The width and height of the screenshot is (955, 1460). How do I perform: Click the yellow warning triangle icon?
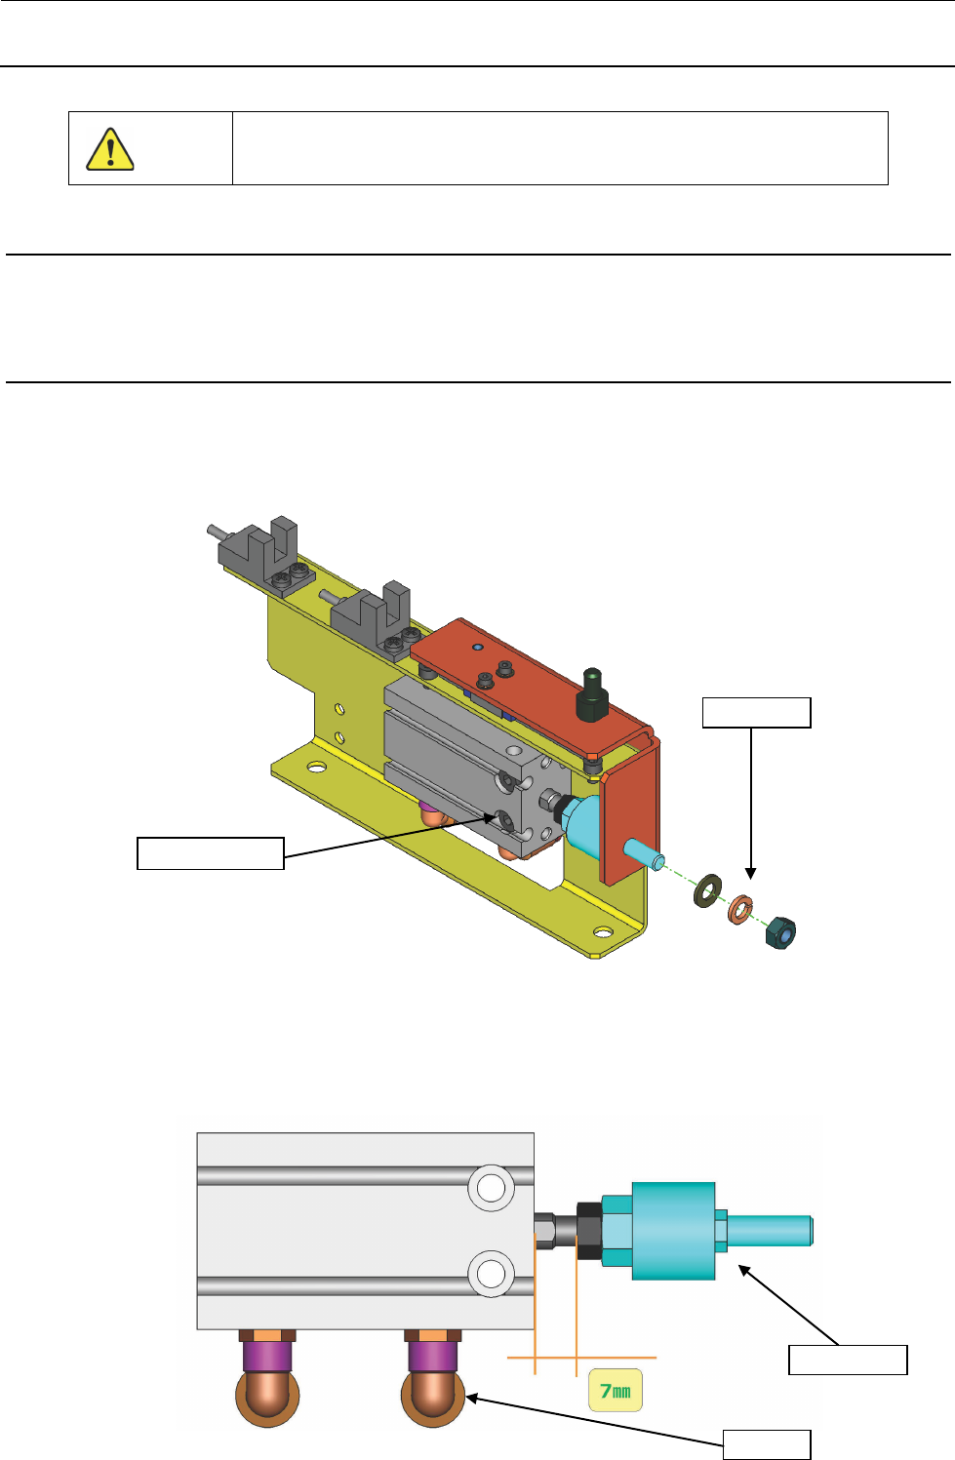click(x=110, y=149)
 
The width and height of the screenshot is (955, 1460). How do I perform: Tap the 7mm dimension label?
click(x=616, y=1391)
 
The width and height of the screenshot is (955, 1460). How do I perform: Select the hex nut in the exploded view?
click(x=781, y=931)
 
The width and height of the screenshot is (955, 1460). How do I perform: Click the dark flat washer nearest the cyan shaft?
click(x=706, y=889)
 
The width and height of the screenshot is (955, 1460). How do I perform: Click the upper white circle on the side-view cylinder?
click(x=491, y=1188)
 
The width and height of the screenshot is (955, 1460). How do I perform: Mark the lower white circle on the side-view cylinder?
click(x=491, y=1273)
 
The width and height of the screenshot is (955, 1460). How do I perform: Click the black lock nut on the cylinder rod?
click(x=588, y=1230)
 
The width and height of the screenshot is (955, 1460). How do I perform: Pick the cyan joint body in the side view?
click(x=673, y=1231)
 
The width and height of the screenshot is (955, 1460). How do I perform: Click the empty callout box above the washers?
click(x=756, y=713)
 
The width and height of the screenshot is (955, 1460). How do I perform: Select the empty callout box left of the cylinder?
click(x=210, y=852)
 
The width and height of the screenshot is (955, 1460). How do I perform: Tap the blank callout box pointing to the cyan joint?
click(x=848, y=1360)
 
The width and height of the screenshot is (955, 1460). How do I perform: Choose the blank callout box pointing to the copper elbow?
click(x=767, y=1444)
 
